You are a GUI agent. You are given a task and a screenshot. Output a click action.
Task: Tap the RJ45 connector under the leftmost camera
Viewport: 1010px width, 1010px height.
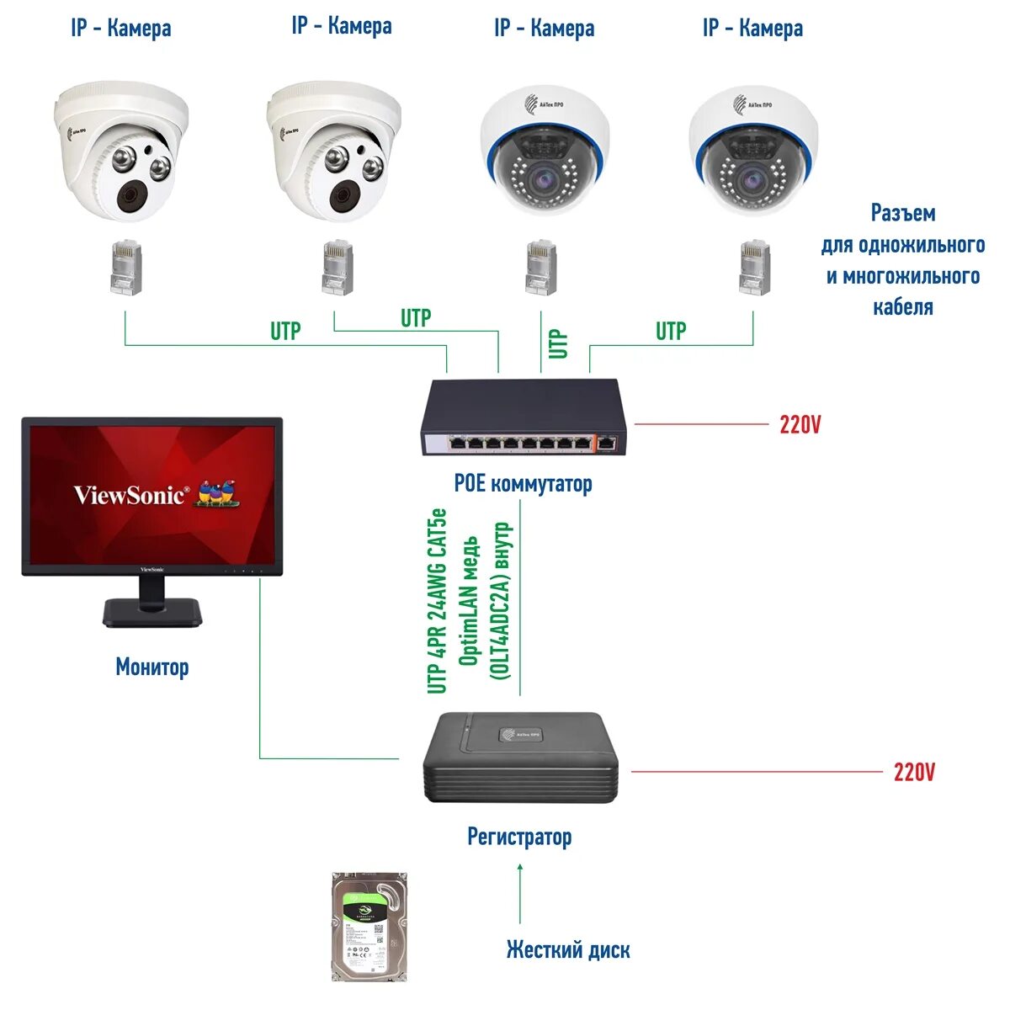(x=125, y=268)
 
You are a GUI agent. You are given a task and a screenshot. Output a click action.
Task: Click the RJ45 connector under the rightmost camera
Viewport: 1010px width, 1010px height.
(x=753, y=268)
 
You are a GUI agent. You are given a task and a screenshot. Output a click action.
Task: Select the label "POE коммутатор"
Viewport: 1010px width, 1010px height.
(x=523, y=484)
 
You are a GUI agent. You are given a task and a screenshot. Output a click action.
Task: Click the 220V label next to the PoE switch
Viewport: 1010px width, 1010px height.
(x=799, y=425)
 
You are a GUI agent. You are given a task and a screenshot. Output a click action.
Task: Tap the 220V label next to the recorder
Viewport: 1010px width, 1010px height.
(x=913, y=772)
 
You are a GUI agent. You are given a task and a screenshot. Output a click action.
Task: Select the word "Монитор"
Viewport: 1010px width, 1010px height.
(x=151, y=667)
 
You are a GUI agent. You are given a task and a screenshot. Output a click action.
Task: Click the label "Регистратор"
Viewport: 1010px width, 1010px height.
(x=519, y=837)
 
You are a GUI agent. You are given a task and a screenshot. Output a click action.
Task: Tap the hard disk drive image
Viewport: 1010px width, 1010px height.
(x=369, y=927)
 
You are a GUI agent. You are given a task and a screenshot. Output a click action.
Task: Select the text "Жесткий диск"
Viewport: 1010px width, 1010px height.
(x=567, y=950)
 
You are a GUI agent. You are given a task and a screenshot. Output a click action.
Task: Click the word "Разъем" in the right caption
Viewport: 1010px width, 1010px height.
(x=902, y=214)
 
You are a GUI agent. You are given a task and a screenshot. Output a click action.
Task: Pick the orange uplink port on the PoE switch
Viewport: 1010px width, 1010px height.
(x=608, y=442)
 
